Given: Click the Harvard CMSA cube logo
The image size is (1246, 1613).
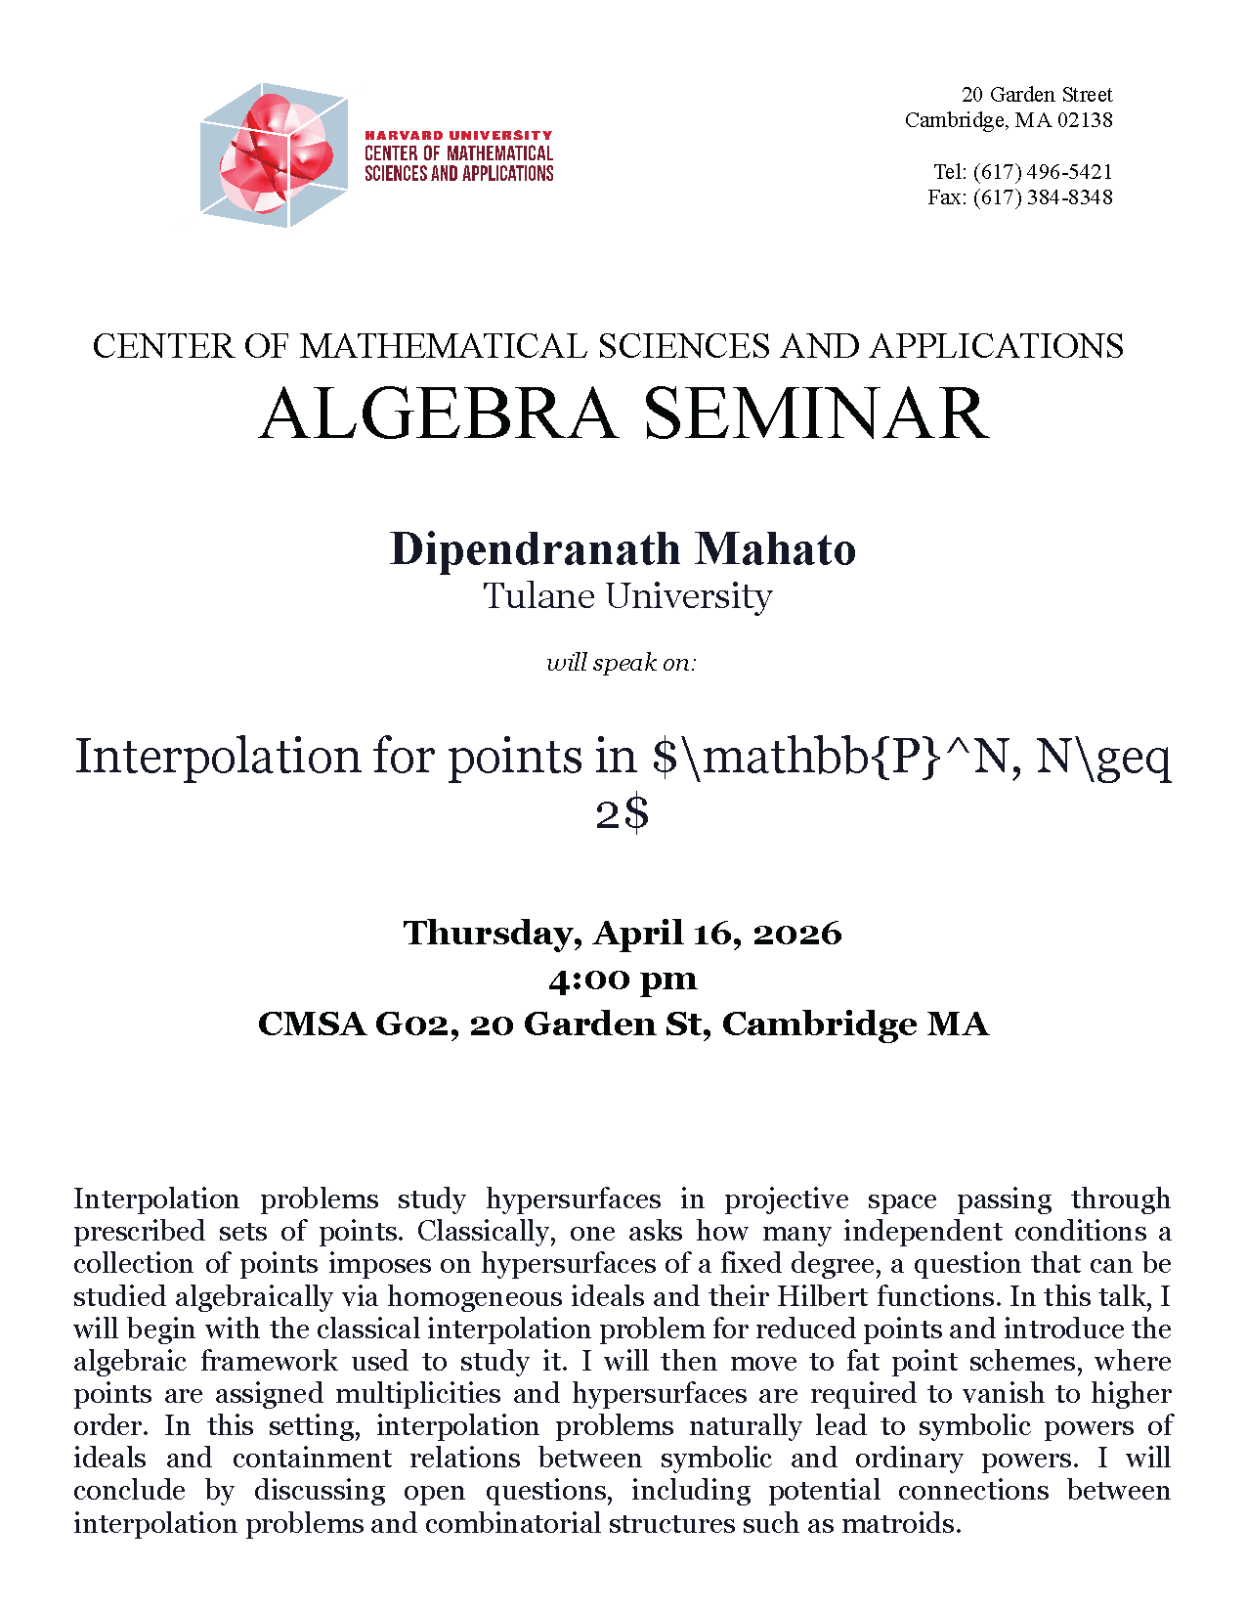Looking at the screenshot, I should coord(274,155).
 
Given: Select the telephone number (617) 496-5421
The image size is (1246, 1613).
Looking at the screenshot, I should coord(1042,172).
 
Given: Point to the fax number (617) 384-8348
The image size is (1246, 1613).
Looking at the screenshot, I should coord(1042,197).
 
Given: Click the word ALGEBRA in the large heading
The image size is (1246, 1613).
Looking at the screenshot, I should coord(438,414).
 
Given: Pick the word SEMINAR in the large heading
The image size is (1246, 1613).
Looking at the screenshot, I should coord(816,414).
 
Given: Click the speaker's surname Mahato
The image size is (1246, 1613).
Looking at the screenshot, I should coord(776,549).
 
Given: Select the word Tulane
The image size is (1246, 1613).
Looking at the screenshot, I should coord(538,596).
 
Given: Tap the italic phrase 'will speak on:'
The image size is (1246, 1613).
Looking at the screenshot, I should coord(622,663).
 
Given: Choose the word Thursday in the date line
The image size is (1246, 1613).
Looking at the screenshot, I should coord(493,933).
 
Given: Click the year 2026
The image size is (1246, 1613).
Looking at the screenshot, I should coord(796,933).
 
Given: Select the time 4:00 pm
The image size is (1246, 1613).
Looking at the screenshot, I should coord(623,979).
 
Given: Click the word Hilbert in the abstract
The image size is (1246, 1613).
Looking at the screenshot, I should coord(822,1297).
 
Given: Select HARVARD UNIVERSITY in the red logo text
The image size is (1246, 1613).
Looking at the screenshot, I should coord(458,135).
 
